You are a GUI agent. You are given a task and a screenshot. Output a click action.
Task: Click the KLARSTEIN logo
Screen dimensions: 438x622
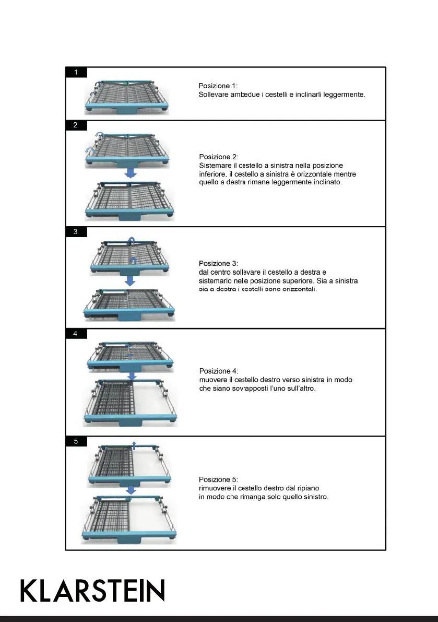[92, 591]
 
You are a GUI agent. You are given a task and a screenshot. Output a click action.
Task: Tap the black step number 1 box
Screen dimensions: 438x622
[76, 73]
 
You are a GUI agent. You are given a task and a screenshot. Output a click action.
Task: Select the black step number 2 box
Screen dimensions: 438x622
[76, 125]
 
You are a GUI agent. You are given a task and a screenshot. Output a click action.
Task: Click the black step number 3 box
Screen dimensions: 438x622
[76, 232]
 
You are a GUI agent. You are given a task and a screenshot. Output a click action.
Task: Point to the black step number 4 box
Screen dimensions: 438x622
[76, 334]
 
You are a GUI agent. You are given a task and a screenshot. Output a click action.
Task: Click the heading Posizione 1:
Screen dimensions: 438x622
[218, 86]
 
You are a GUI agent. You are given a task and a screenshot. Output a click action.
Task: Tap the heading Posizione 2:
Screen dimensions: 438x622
[219, 157]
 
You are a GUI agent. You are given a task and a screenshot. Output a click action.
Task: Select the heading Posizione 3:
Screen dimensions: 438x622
[219, 263]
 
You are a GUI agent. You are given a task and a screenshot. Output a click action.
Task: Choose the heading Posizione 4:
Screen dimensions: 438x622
[219, 371]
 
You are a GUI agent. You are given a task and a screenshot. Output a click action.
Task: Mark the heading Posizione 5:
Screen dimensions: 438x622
[219, 479]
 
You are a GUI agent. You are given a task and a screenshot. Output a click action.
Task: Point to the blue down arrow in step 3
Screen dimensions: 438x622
[131, 281]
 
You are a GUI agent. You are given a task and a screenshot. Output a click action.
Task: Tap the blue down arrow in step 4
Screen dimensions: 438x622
[133, 375]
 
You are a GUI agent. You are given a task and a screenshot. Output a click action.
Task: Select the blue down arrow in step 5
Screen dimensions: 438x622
[132, 490]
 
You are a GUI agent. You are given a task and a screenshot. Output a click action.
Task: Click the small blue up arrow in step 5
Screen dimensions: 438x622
[134, 444]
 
